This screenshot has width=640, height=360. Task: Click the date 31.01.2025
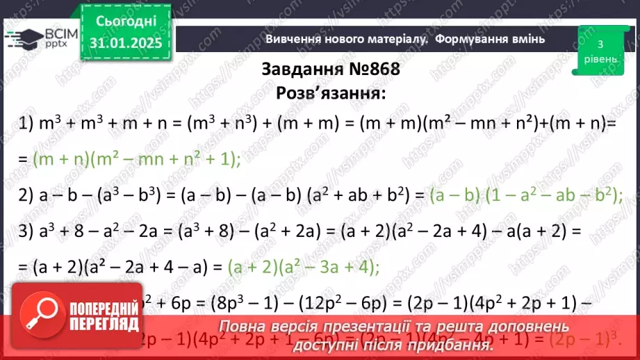click(x=125, y=43)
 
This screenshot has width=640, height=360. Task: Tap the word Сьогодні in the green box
click(x=125, y=21)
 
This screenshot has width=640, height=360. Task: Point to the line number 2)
click(x=26, y=197)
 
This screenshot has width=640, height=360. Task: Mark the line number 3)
click(x=26, y=229)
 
